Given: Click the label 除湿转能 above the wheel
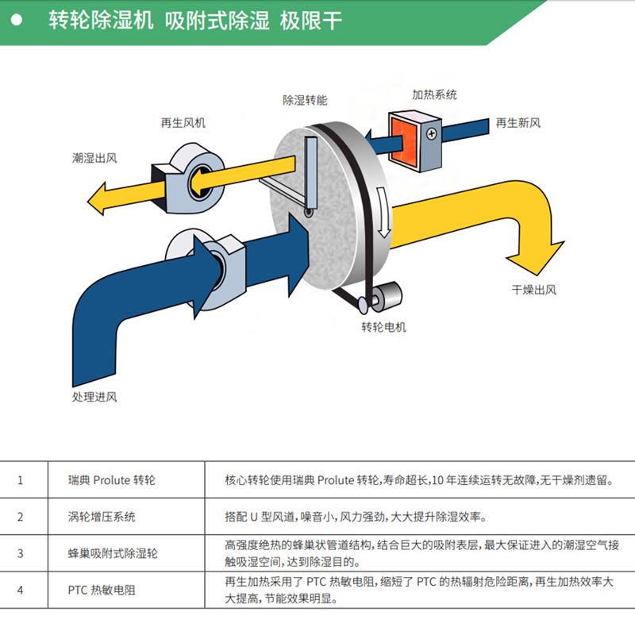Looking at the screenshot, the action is (x=305, y=101).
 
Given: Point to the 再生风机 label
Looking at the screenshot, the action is (x=183, y=123).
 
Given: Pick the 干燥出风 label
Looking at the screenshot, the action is (x=533, y=290).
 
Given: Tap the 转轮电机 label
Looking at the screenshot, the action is (x=383, y=327).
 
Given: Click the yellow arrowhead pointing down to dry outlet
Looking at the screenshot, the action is (x=533, y=256).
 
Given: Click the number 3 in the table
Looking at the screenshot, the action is (x=21, y=553).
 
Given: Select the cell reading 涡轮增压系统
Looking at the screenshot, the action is (x=102, y=517).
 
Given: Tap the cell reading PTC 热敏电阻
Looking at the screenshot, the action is (x=102, y=590).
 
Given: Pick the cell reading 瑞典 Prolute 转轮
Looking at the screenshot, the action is (x=112, y=480).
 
